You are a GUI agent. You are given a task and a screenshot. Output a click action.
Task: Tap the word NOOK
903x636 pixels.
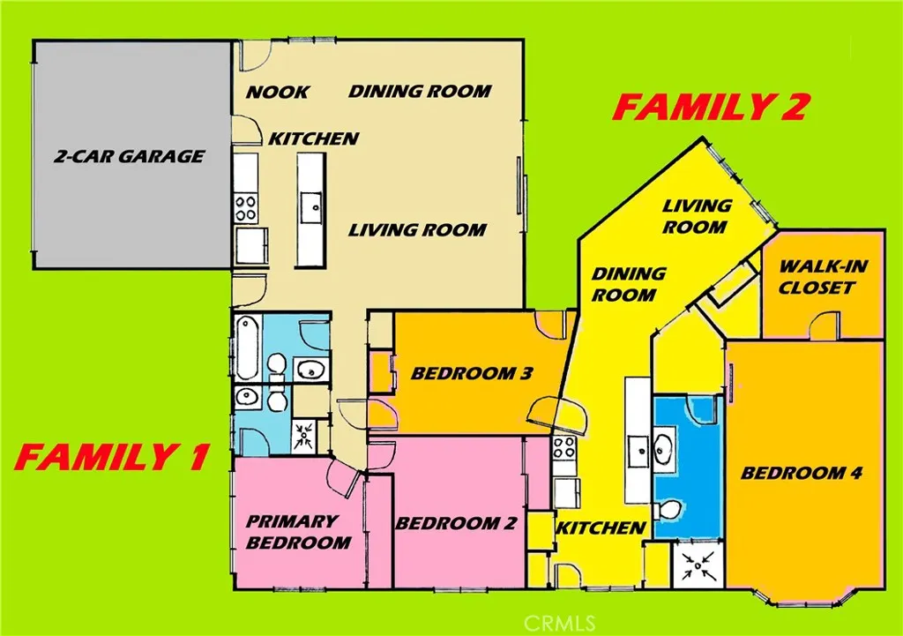(277, 92)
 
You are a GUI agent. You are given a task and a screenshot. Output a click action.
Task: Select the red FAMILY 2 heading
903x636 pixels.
(711, 108)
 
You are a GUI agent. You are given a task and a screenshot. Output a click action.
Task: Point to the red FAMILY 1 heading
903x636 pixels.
(112, 458)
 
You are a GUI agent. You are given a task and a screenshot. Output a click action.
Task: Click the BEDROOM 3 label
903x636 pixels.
(471, 374)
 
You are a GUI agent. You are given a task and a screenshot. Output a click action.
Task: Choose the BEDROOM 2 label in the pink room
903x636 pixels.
(455, 523)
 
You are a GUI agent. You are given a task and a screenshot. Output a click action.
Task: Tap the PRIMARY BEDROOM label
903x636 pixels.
(297, 531)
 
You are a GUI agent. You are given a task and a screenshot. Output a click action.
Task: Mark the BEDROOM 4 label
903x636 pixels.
(801, 473)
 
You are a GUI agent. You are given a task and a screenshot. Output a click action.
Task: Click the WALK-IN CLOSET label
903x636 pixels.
(817, 276)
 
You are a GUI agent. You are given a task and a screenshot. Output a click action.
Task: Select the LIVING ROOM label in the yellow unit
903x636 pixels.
(697, 216)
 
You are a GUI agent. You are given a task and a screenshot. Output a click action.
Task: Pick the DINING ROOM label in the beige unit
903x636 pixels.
(420, 91)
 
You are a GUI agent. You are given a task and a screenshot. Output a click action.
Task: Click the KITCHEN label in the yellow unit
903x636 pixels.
(601, 528)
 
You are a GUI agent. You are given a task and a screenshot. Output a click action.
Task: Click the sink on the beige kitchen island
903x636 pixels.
(311, 210)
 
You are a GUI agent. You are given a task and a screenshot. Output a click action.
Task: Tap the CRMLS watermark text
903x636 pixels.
(558, 622)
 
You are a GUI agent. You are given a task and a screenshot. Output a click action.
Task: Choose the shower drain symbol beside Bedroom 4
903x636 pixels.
(698, 565)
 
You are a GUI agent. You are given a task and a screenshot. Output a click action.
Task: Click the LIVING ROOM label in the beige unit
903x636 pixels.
(417, 230)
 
